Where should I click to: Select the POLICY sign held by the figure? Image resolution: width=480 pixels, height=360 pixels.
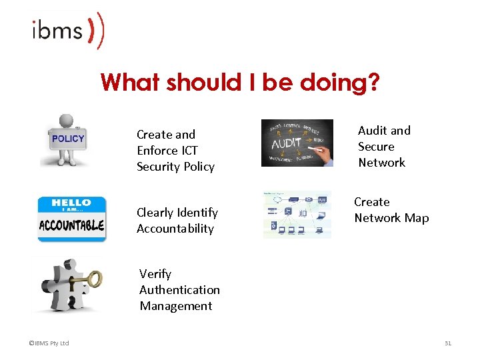(68, 139)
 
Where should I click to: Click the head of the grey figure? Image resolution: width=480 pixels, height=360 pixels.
(66, 122)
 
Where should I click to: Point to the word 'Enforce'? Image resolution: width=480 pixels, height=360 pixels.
(157, 151)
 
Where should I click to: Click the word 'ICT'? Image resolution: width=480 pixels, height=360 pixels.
(189, 151)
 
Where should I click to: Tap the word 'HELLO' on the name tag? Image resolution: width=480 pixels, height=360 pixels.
(71, 203)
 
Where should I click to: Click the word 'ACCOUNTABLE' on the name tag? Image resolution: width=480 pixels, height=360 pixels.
(71, 225)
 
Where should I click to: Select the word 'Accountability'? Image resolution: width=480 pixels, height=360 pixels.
(175, 229)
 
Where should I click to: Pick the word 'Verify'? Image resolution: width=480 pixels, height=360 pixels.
(155, 274)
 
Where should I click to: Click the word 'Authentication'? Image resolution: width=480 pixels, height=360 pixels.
(179, 290)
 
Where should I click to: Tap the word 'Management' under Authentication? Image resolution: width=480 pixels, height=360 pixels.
(176, 306)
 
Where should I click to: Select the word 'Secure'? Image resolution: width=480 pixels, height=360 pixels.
(376, 147)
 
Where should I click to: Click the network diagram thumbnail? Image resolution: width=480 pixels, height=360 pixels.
(297, 215)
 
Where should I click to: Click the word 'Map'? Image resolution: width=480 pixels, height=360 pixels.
(416, 218)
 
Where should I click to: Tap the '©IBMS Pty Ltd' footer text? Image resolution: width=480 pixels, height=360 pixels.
(49, 343)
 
